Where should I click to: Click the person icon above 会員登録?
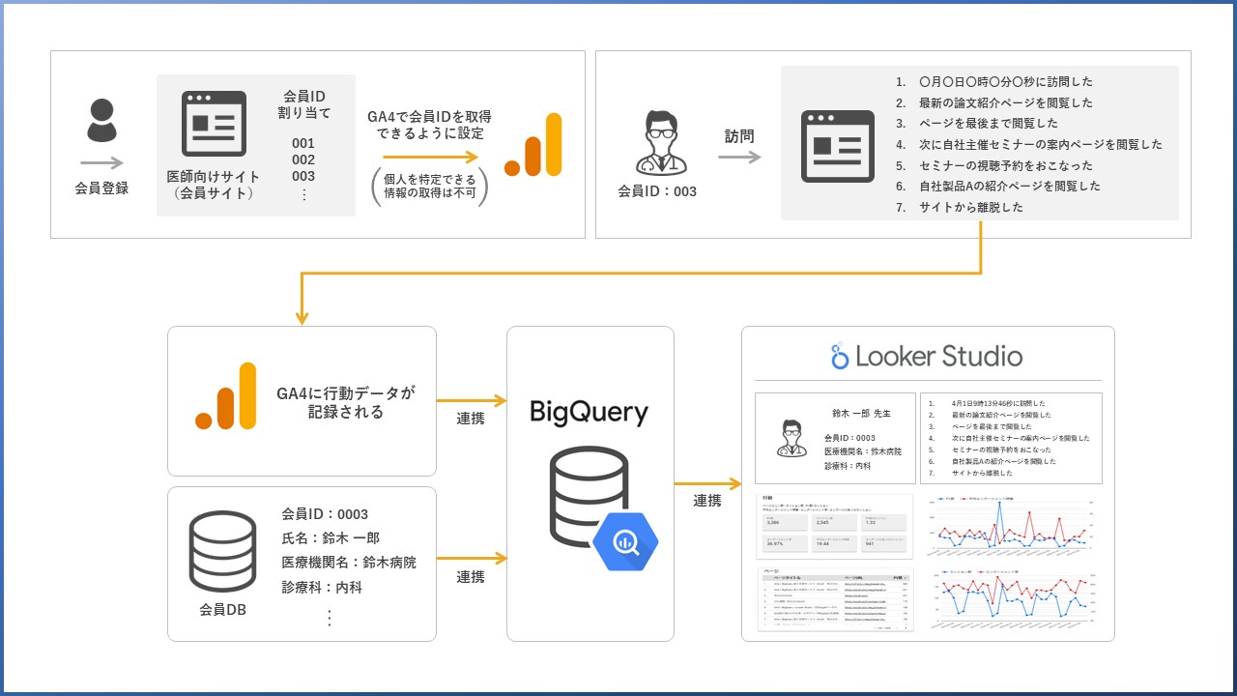tap(101, 121)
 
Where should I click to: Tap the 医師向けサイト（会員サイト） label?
tap(212, 185)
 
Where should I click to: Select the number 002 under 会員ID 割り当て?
tap(303, 159)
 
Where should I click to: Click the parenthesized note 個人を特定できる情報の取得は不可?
tap(429, 186)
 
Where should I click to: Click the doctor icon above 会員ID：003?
tap(656, 143)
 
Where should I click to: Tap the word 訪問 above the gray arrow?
tap(739, 136)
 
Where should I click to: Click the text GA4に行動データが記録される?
tap(345, 402)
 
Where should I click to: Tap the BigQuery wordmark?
tap(589, 413)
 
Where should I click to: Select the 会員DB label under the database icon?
tap(223, 609)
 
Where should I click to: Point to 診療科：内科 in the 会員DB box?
tap(322, 587)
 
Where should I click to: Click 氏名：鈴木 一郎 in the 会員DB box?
tap(331, 538)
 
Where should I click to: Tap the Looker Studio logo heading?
tap(927, 357)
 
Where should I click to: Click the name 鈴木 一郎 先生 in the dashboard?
tap(862, 413)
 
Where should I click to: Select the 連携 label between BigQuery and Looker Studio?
tap(707, 500)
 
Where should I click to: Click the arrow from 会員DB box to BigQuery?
tap(472, 558)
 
